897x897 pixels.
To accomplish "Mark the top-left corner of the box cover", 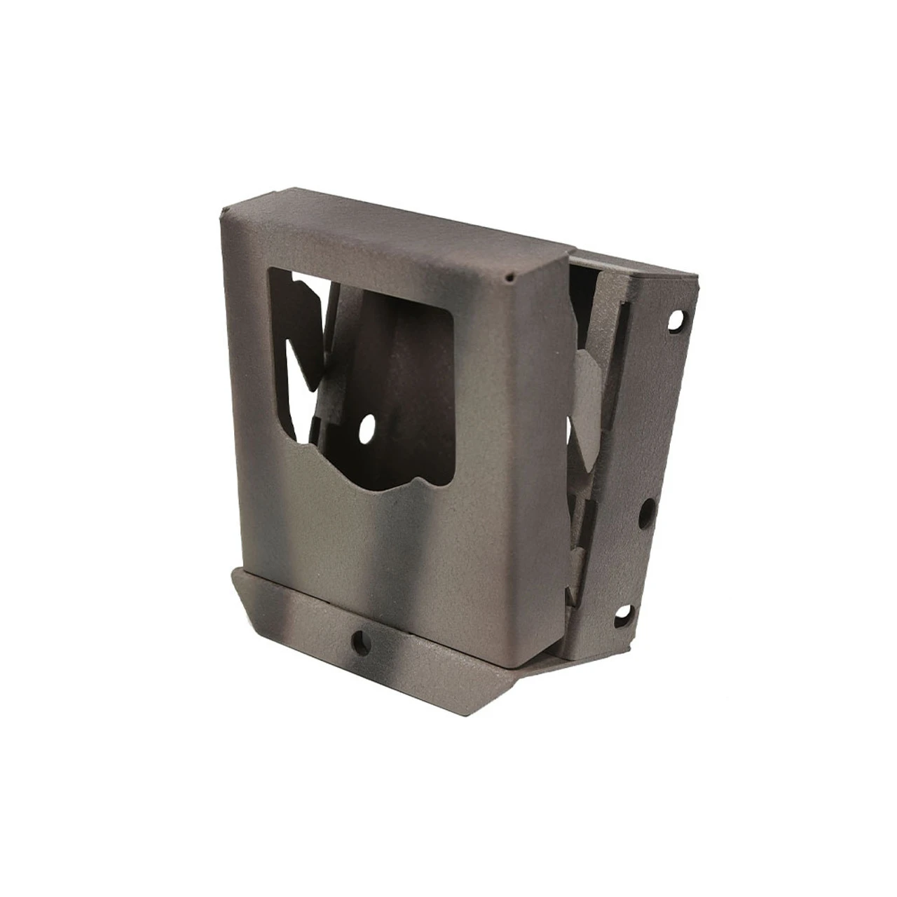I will click(x=223, y=211).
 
